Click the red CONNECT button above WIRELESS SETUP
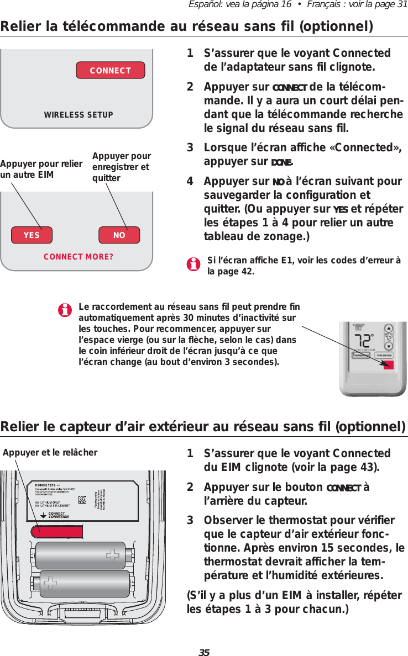click(x=110, y=71)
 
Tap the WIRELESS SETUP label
click(x=79, y=115)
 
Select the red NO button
click(x=119, y=235)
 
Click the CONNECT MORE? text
click(x=79, y=257)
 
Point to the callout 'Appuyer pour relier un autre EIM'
click(x=41, y=170)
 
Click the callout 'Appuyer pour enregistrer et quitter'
click(x=121, y=167)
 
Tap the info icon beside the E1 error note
click(x=193, y=266)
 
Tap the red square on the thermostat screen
click(x=388, y=365)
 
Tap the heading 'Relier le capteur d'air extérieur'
click(x=203, y=427)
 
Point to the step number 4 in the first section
click(x=190, y=182)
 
